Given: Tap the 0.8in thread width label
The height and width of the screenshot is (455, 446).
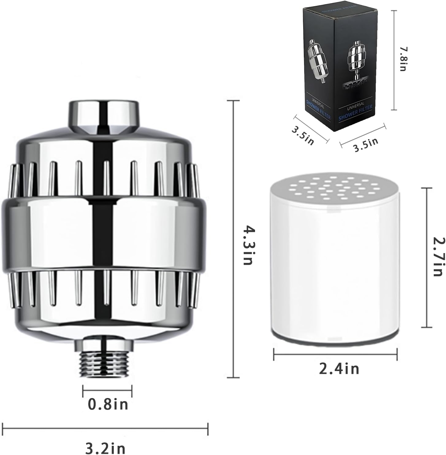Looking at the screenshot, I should click(x=108, y=404).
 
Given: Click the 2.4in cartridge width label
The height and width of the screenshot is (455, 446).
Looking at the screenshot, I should click(x=339, y=369).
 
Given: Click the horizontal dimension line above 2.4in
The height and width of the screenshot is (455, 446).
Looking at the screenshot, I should click(x=335, y=355).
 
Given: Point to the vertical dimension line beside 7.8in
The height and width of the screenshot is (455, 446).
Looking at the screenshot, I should click(x=393, y=60).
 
